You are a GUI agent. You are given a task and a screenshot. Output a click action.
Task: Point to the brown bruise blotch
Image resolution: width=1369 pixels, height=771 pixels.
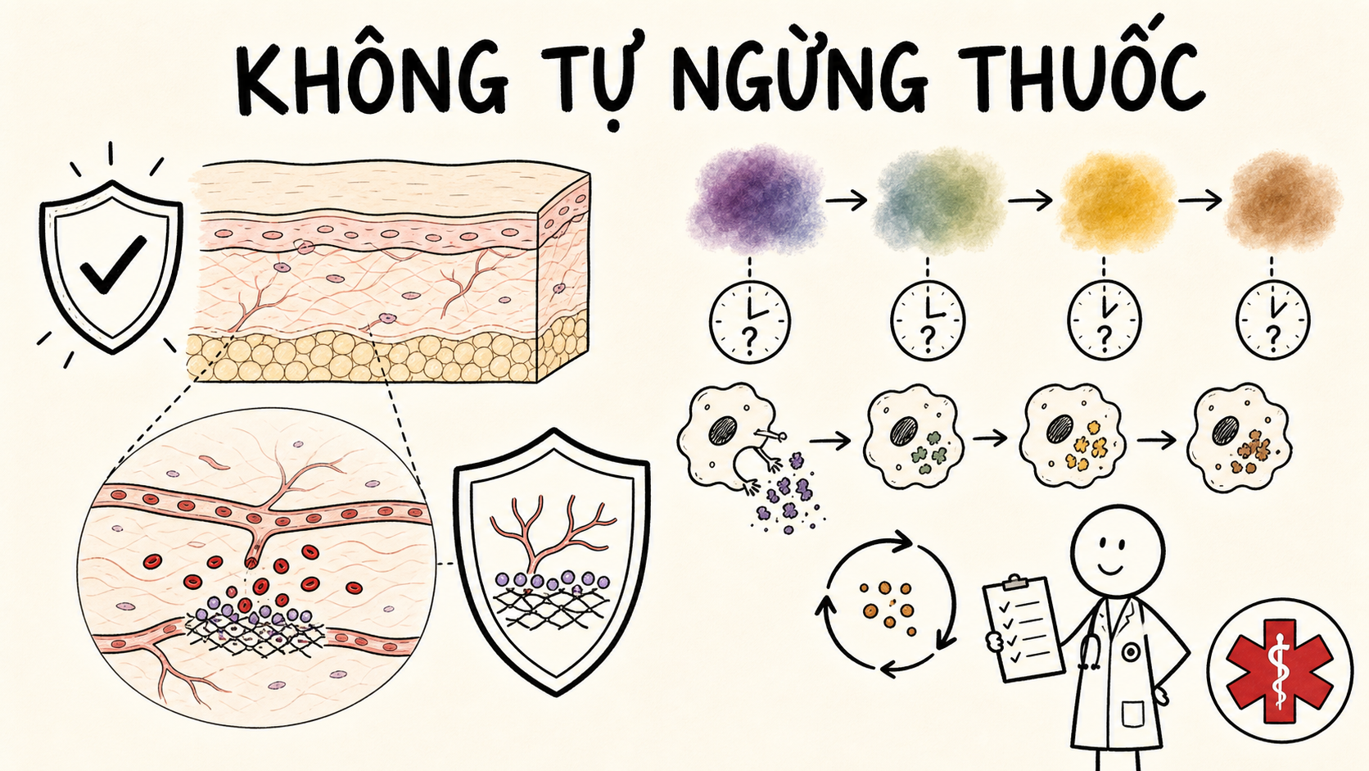point(1284,199)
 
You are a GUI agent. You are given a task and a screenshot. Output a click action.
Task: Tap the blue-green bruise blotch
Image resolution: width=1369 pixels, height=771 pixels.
point(939,199)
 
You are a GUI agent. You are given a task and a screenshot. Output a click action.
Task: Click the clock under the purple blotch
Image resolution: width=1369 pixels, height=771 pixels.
point(749,322)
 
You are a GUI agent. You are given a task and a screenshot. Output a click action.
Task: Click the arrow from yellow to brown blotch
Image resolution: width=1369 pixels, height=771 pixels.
point(1200,201)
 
